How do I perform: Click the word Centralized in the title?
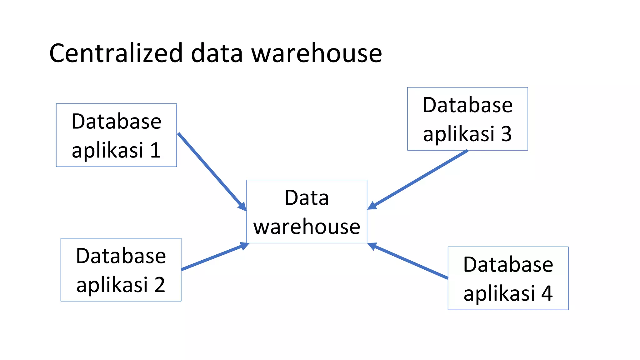(x=116, y=53)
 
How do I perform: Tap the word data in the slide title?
(x=217, y=53)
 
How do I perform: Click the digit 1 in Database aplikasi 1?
(x=155, y=150)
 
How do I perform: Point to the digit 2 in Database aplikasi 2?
(x=160, y=285)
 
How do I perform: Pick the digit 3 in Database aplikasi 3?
(x=507, y=134)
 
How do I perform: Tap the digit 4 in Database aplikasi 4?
(x=547, y=293)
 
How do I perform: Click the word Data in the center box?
(x=307, y=198)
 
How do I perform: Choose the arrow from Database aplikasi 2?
(x=212, y=257)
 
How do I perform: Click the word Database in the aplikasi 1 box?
(x=116, y=121)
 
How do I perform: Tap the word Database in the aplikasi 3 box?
(x=467, y=105)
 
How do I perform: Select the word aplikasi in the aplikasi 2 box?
(x=112, y=285)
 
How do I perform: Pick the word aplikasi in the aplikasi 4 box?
(x=499, y=293)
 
